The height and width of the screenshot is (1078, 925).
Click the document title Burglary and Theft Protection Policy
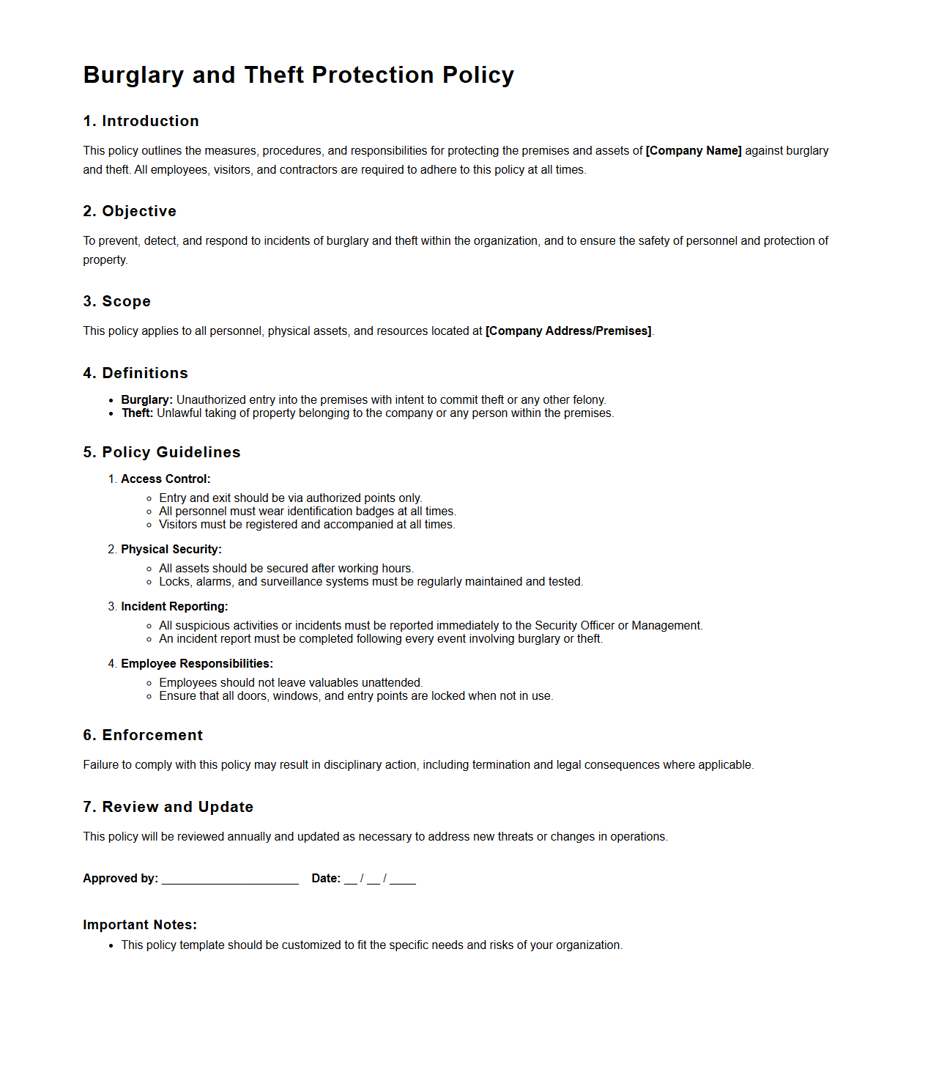pyautogui.click(x=298, y=75)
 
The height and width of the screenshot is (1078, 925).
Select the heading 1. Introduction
pyautogui.click(x=141, y=122)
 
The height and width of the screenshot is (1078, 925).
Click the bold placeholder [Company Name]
pyautogui.click(x=693, y=151)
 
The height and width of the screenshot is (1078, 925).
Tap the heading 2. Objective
pyautogui.click(x=130, y=212)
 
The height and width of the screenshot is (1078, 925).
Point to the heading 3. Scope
pyautogui.click(x=116, y=302)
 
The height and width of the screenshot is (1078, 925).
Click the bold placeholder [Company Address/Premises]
pyautogui.click(x=568, y=331)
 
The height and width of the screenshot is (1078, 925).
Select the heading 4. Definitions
pyautogui.click(x=135, y=374)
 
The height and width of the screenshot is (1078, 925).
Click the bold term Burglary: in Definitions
pyautogui.click(x=146, y=400)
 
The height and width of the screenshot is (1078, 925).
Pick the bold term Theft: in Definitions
pyautogui.click(x=137, y=413)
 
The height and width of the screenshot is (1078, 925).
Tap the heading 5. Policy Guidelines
pyautogui.click(x=161, y=453)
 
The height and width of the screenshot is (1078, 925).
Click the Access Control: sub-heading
pyautogui.click(x=166, y=479)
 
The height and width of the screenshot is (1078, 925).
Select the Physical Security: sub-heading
pyautogui.click(x=171, y=550)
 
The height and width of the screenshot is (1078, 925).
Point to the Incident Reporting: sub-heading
pyautogui.click(x=174, y=607)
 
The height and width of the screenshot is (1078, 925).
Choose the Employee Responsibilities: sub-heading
pyautogui.click(x=196, y=664)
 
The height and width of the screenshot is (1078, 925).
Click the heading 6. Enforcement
pyautogui.click(x=142, y=736)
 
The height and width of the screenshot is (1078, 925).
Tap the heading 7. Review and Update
pyautogui.click(x=168, y=808)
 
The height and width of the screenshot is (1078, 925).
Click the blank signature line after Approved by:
pyautogui.click(x=230, y=879)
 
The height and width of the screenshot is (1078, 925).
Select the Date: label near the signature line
pyautogui.click(x=326, y=879)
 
